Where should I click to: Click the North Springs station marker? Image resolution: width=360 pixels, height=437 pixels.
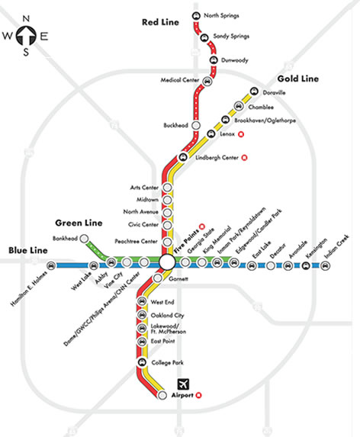(x=196, y=16)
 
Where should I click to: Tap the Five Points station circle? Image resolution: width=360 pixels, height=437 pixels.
(x=167, y=262)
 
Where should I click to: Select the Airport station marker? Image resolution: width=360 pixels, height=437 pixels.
(x=162, y=396)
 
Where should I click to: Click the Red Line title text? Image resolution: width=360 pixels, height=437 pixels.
(x=159, y=23)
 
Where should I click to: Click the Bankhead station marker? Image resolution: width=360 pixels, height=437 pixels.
(x=69, y=239)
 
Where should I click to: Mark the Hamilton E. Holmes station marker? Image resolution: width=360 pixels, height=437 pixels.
(x=51, y=265)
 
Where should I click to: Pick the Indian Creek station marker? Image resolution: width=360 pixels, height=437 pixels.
(x=326, y=265)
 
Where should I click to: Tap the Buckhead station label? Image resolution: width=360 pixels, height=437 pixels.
(x=175, y=124)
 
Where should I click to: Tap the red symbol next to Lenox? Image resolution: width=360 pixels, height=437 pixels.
(x=242, y=134)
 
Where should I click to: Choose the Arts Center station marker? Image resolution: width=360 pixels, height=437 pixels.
(x=168, y=188)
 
